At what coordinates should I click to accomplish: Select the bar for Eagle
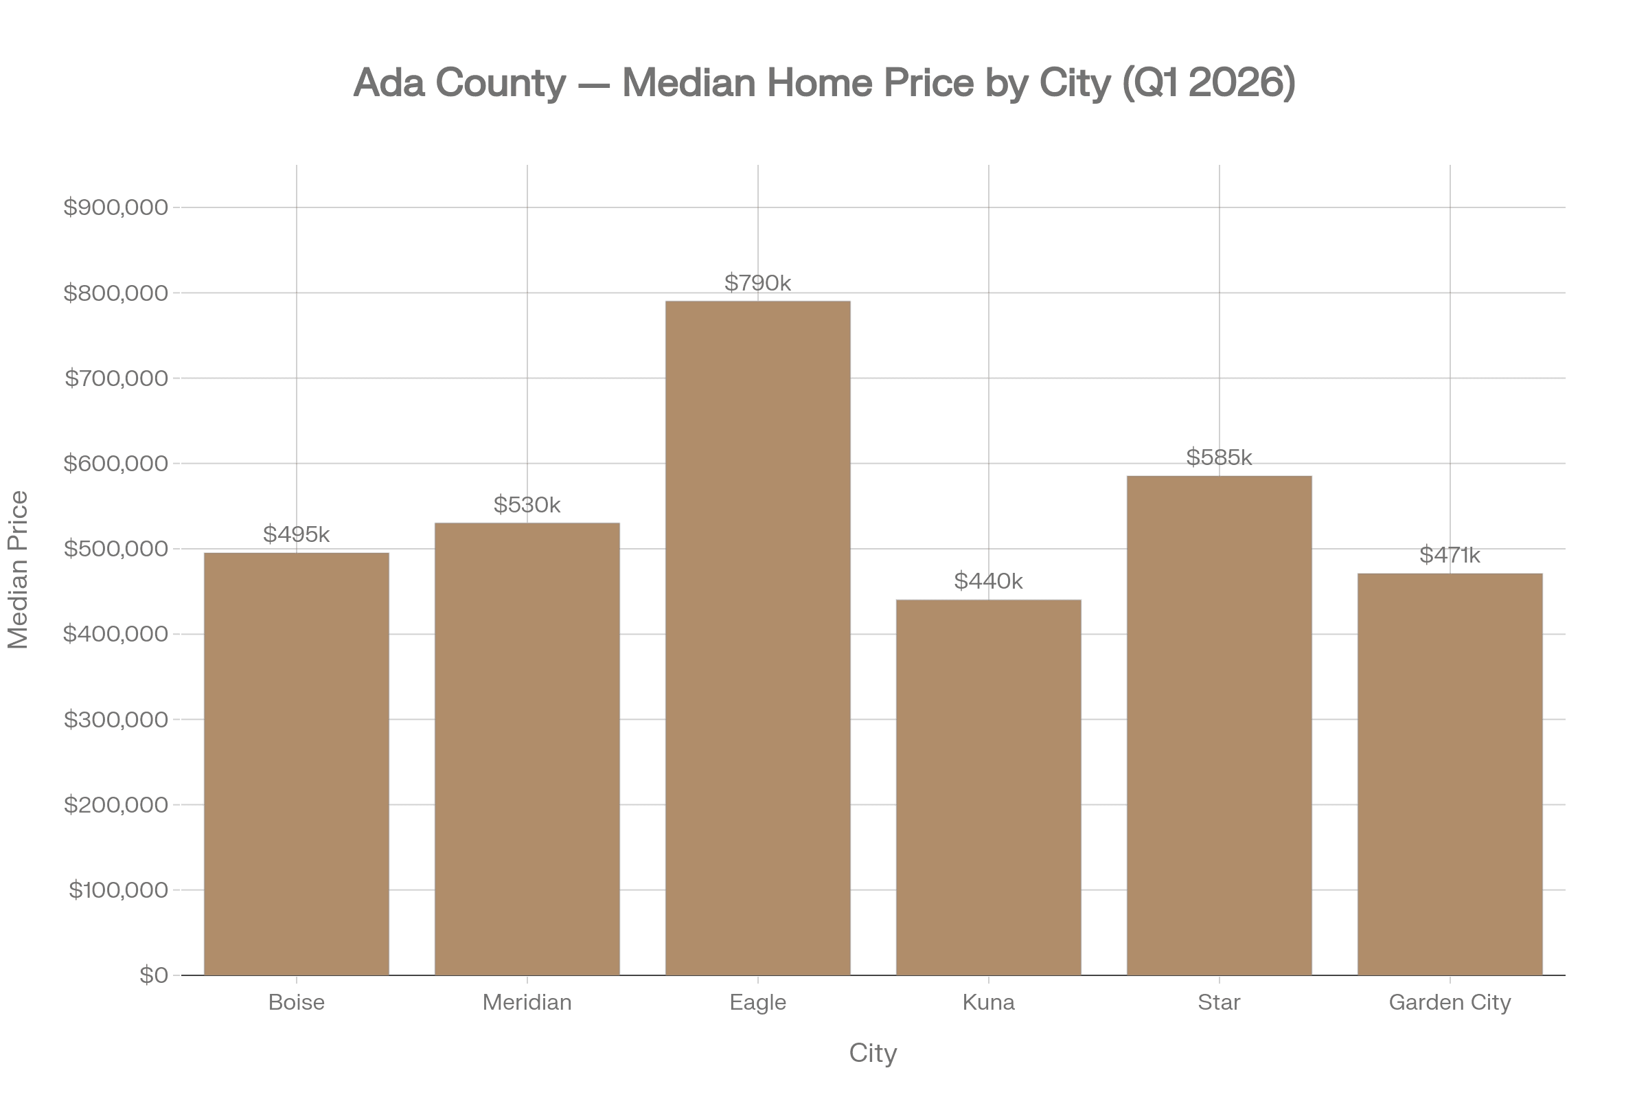757,638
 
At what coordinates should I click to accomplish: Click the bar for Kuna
988,786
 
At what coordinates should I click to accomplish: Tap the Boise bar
297,763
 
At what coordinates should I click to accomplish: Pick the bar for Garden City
1450,774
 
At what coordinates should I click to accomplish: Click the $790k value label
757,283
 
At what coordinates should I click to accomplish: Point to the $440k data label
988,581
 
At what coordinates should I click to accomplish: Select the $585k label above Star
1220,457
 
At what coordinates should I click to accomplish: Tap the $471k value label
1450,555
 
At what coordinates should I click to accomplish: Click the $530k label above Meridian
527,505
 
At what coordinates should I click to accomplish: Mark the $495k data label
297,534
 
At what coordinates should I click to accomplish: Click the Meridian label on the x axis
527,1002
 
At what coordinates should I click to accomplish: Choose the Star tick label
1220,1002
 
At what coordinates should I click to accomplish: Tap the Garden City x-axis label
1450,1002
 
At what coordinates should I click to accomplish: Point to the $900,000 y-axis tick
115,207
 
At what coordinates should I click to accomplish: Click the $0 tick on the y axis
153,975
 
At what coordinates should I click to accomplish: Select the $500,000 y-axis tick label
115,549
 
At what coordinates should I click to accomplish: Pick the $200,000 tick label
115,804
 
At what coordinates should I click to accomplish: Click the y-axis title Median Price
18,570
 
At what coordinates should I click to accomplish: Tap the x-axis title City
872,1053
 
